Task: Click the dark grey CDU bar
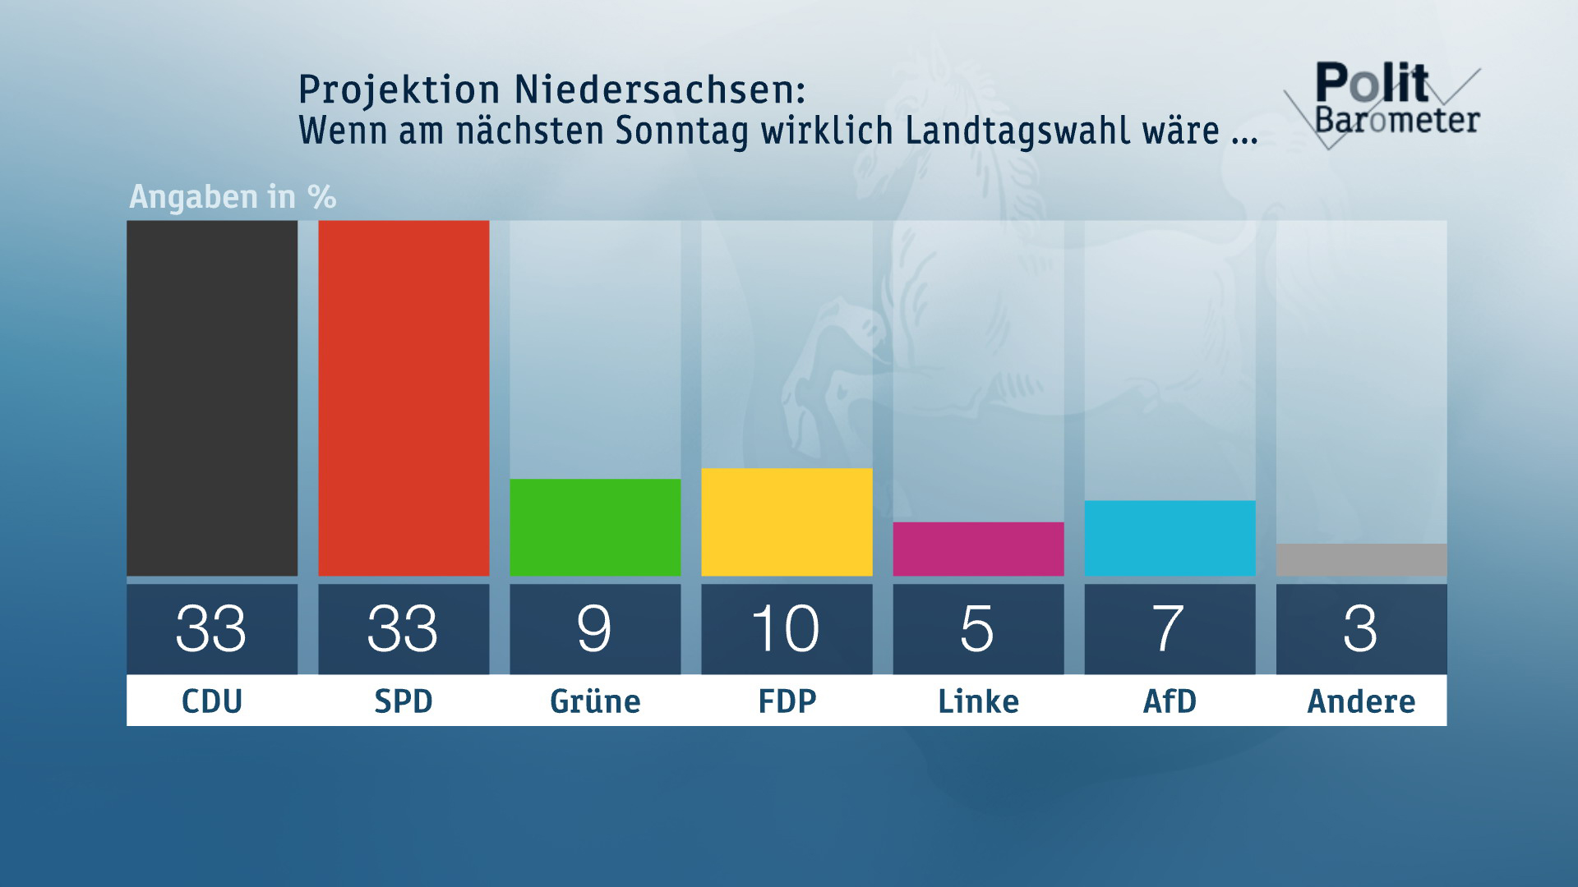(x=212, y=398)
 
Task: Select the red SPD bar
(x=404, y=398)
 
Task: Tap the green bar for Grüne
(x=595, y=527)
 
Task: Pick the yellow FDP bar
(x=787, y=522)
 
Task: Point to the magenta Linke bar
(x=978, y=549)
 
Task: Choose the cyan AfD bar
(x=1170, y=538)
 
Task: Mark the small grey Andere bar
(x=1361, y=559)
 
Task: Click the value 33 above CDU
(x=211, y=629)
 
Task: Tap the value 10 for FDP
(x=786, y=629)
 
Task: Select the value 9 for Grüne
(x=594, y=629)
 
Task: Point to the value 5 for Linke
(x=977, y=629)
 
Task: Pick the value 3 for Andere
(x=1360, y=629)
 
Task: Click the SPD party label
(x=404, y=701)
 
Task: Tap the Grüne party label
(x=595, y=701)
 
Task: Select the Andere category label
(x=1361, y=701)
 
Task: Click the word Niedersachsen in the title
(x=660, y=90)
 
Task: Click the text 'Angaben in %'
(x=233, y=197)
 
